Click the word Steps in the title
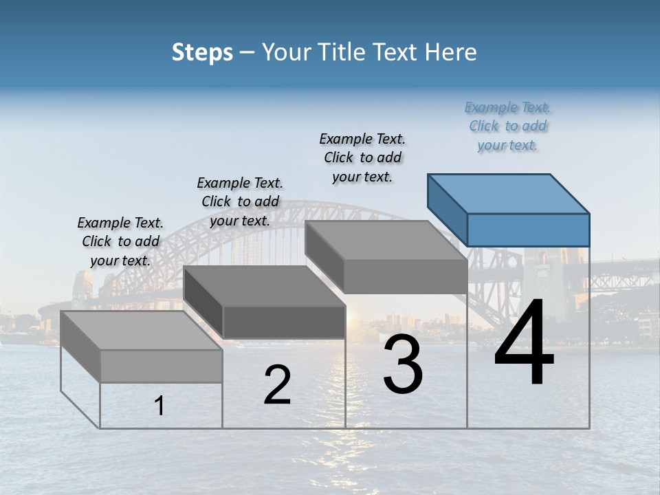(x=202, y=52)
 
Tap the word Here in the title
(x=452, y=52)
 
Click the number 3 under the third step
(x=403, y=365)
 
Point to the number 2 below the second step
(x=277, y=385)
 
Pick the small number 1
(x=159, y=406)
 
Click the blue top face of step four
(x=507, y=194)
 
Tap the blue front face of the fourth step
(x=528, y=230)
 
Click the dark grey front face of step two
(x=284, y=322)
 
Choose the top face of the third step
(x=385, y=241)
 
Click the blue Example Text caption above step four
(x=507, y=126)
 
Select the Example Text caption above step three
(x=362, y=157)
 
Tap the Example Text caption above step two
(x=240, y=201)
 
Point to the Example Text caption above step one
(x=120, y=241)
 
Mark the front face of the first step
(x=161, y=366)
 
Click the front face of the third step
(x=406, y=276)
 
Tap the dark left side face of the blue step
(x=447, y=209)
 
